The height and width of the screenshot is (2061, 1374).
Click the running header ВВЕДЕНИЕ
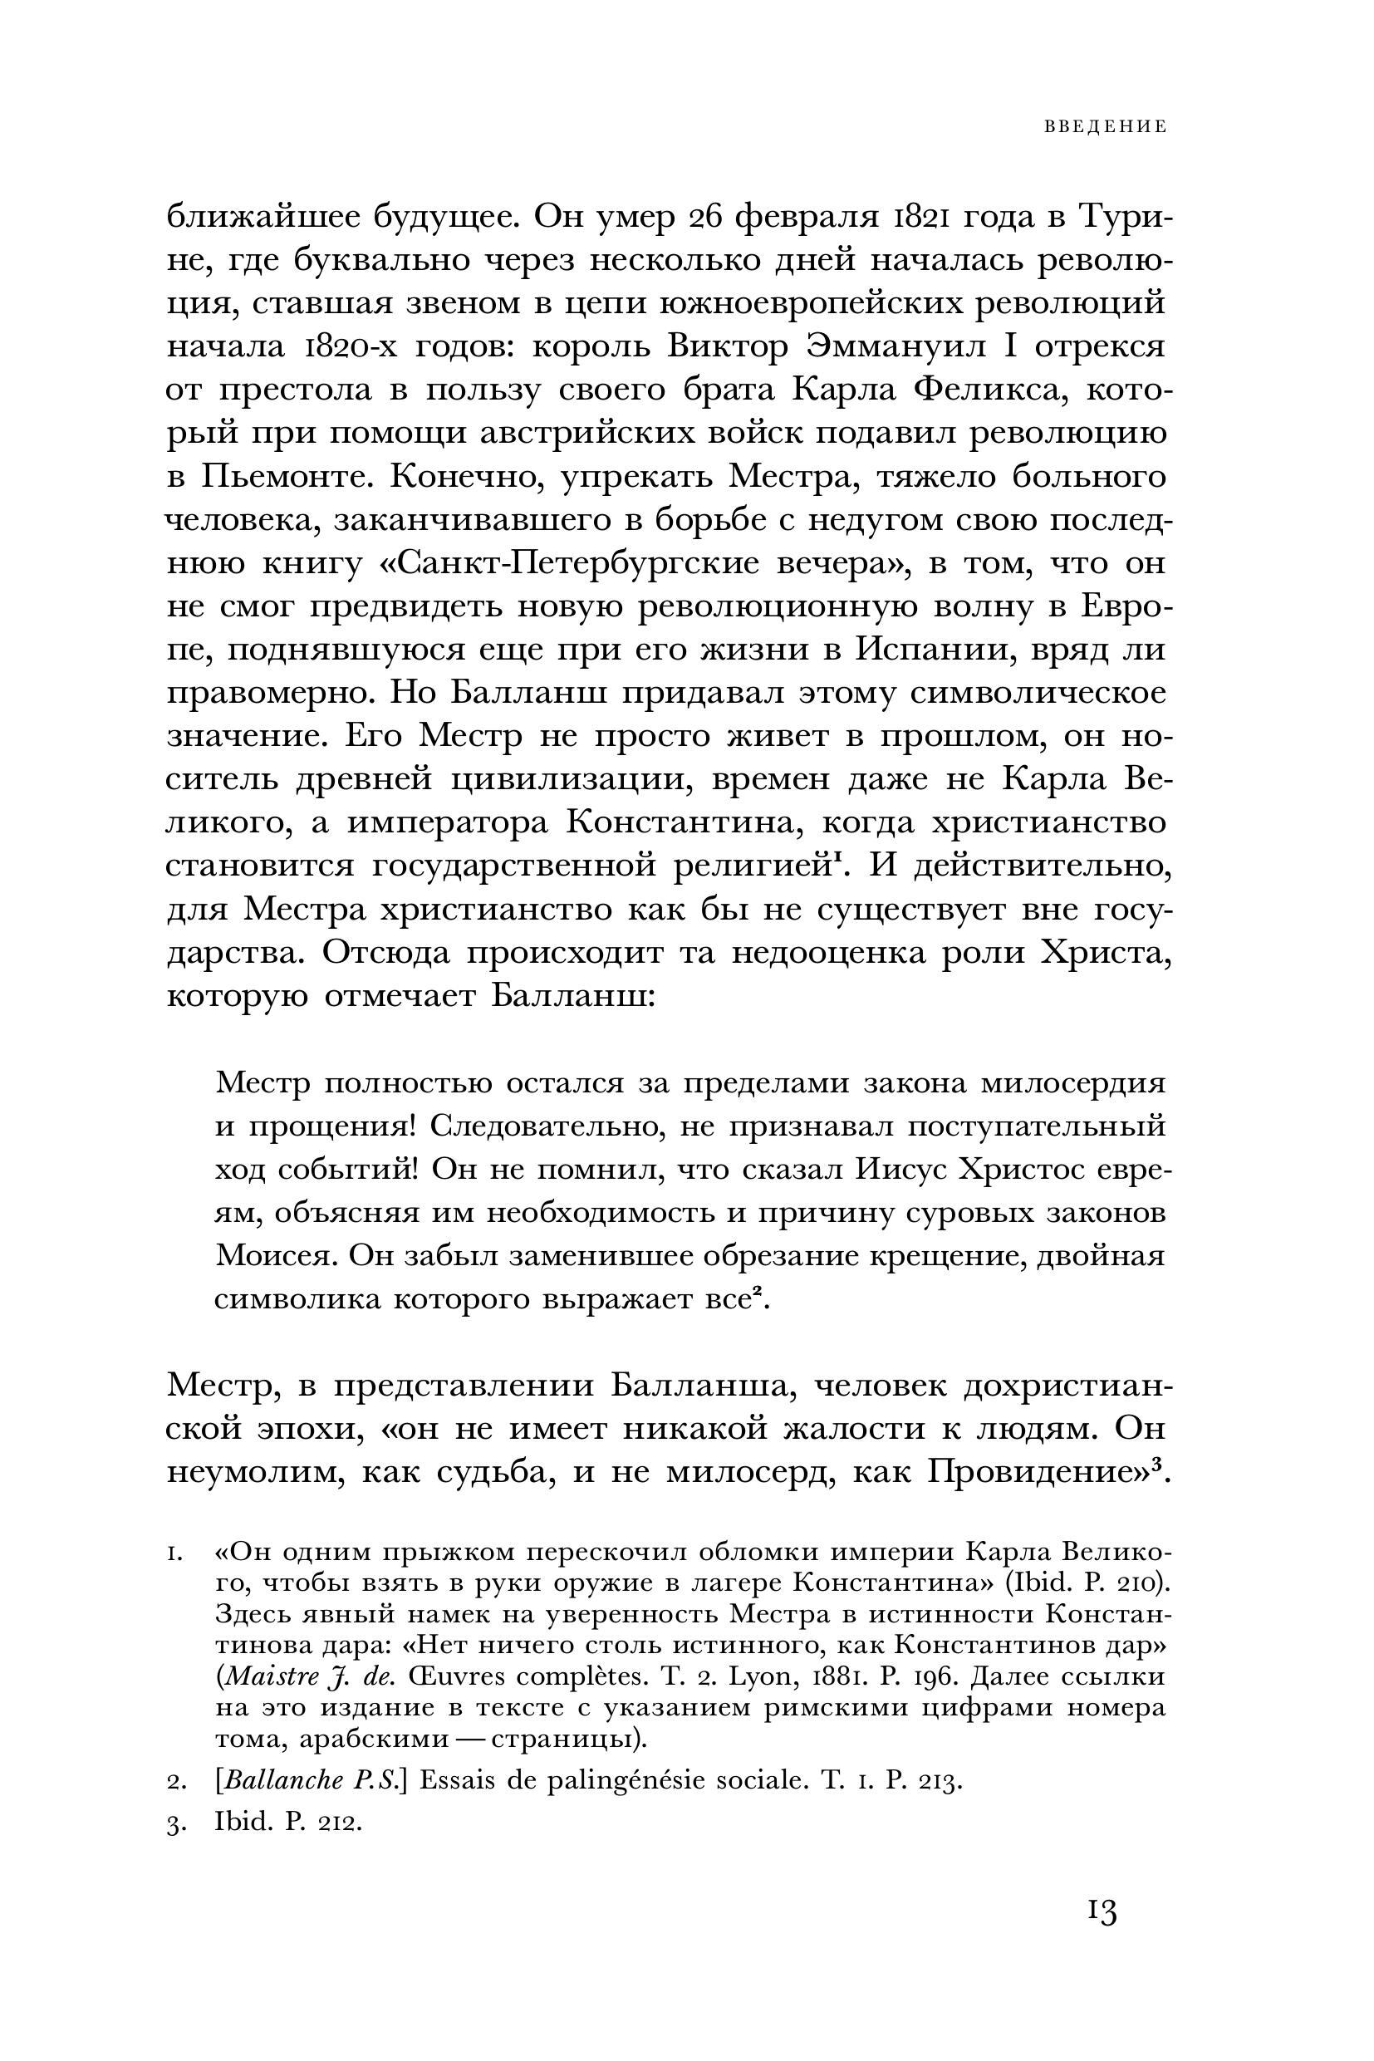(x=1105, y=127)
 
